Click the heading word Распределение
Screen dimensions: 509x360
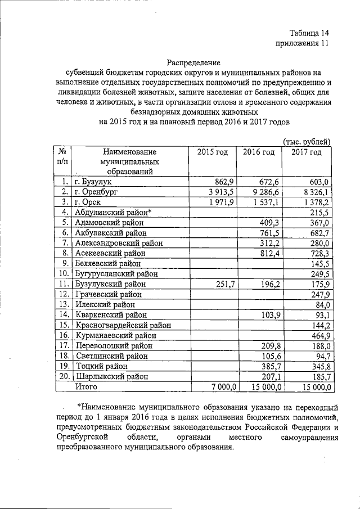(x=193, y=62)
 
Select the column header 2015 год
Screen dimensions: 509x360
(x=213, y=152)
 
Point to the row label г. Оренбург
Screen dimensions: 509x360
(x=102, y=192)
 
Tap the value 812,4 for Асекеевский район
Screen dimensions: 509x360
(x=270, y=254)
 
